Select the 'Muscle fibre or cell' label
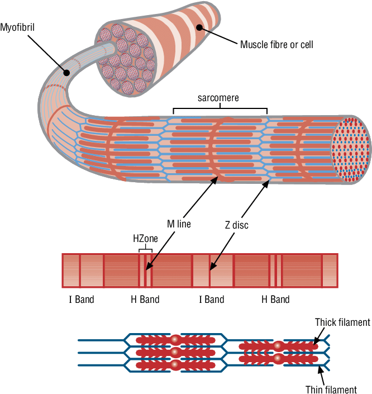[276, 44]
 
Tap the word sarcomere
[218, 98]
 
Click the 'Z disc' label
[236, 225]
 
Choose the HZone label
[145, 238]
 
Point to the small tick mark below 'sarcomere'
[173, 112]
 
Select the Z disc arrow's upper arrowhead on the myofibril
[265, 182]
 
